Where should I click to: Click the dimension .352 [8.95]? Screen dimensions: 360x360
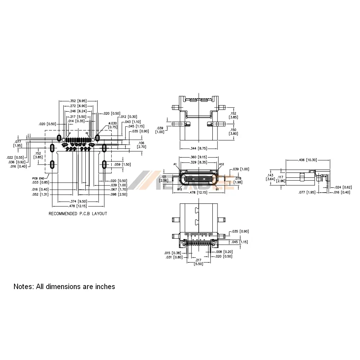[77, 101]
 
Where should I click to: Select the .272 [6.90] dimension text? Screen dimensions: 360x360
[77, 106]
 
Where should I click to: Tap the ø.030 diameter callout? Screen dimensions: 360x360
[113, 125]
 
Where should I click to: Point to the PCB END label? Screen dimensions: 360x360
[38, 178]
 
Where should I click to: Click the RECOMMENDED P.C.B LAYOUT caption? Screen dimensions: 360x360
[78, 213]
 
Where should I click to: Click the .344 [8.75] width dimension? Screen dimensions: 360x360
[199, 148]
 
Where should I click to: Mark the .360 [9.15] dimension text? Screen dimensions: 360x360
[199, 157]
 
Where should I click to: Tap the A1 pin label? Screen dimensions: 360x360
[175, 164]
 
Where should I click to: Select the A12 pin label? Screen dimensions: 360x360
[222, 164]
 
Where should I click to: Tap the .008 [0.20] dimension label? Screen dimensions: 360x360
[224, 252]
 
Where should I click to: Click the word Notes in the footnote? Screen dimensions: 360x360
[23, 287]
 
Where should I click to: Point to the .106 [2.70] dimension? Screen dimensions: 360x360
[141, 145]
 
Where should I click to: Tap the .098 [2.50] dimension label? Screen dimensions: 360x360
[118, 194]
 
